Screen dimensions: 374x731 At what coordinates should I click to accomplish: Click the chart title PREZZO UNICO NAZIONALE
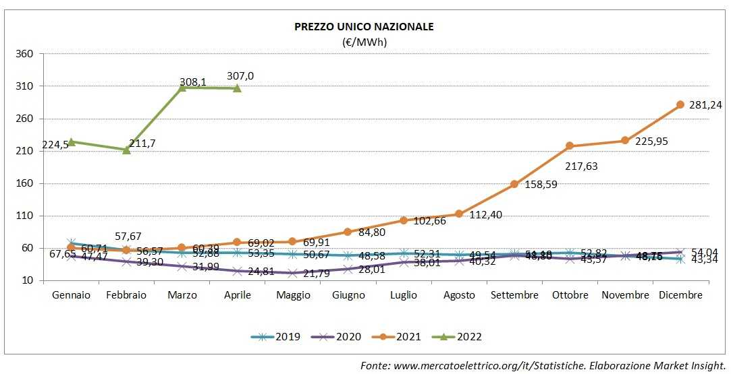click(364, 27)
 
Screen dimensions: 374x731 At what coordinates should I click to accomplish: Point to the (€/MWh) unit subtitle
click(364, 42)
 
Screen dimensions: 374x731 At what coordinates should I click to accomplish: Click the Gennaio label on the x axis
click(71, 295)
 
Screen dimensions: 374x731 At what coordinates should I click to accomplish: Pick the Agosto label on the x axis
click(459, 295)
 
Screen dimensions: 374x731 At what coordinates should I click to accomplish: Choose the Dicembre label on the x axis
click(680, 295)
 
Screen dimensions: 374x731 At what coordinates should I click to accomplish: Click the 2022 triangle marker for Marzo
click(182, 88)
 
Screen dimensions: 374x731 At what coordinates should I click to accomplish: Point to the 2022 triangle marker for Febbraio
click(127, 150)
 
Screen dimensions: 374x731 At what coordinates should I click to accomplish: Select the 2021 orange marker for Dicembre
click(680, 104)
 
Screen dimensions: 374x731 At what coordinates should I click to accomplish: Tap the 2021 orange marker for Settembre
click(514, 184)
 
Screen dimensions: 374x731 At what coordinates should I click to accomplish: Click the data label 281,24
click(705, 104)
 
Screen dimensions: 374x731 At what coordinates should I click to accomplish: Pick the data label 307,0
click(240, 76)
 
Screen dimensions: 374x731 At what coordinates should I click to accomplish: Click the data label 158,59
click(541, 184)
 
